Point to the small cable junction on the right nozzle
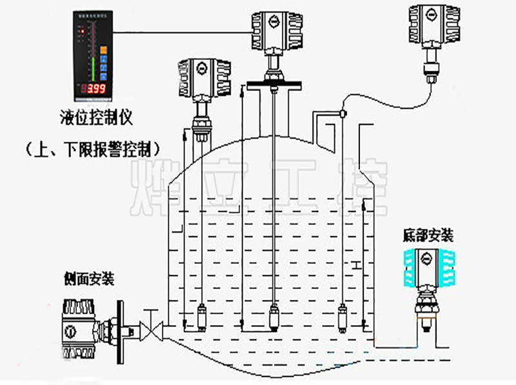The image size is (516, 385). (342, 115)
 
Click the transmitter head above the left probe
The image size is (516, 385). (203, 78)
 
